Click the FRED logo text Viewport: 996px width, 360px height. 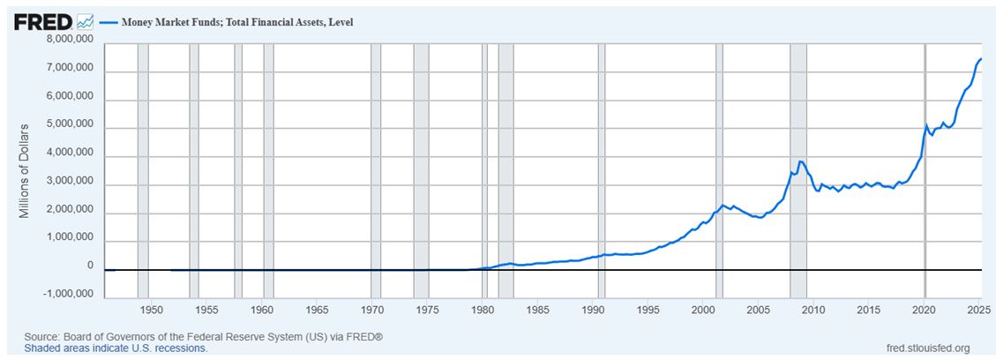42,20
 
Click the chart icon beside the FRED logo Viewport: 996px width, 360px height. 85,20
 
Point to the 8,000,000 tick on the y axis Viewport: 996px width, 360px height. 69,40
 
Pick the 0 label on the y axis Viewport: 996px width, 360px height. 89,266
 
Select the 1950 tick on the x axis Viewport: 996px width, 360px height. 151,310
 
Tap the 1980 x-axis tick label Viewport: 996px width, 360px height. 483,310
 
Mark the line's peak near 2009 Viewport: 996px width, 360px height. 800,161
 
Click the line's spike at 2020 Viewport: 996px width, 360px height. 926,125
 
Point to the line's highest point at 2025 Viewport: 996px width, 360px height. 981,59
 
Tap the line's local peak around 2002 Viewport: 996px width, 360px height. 723,206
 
